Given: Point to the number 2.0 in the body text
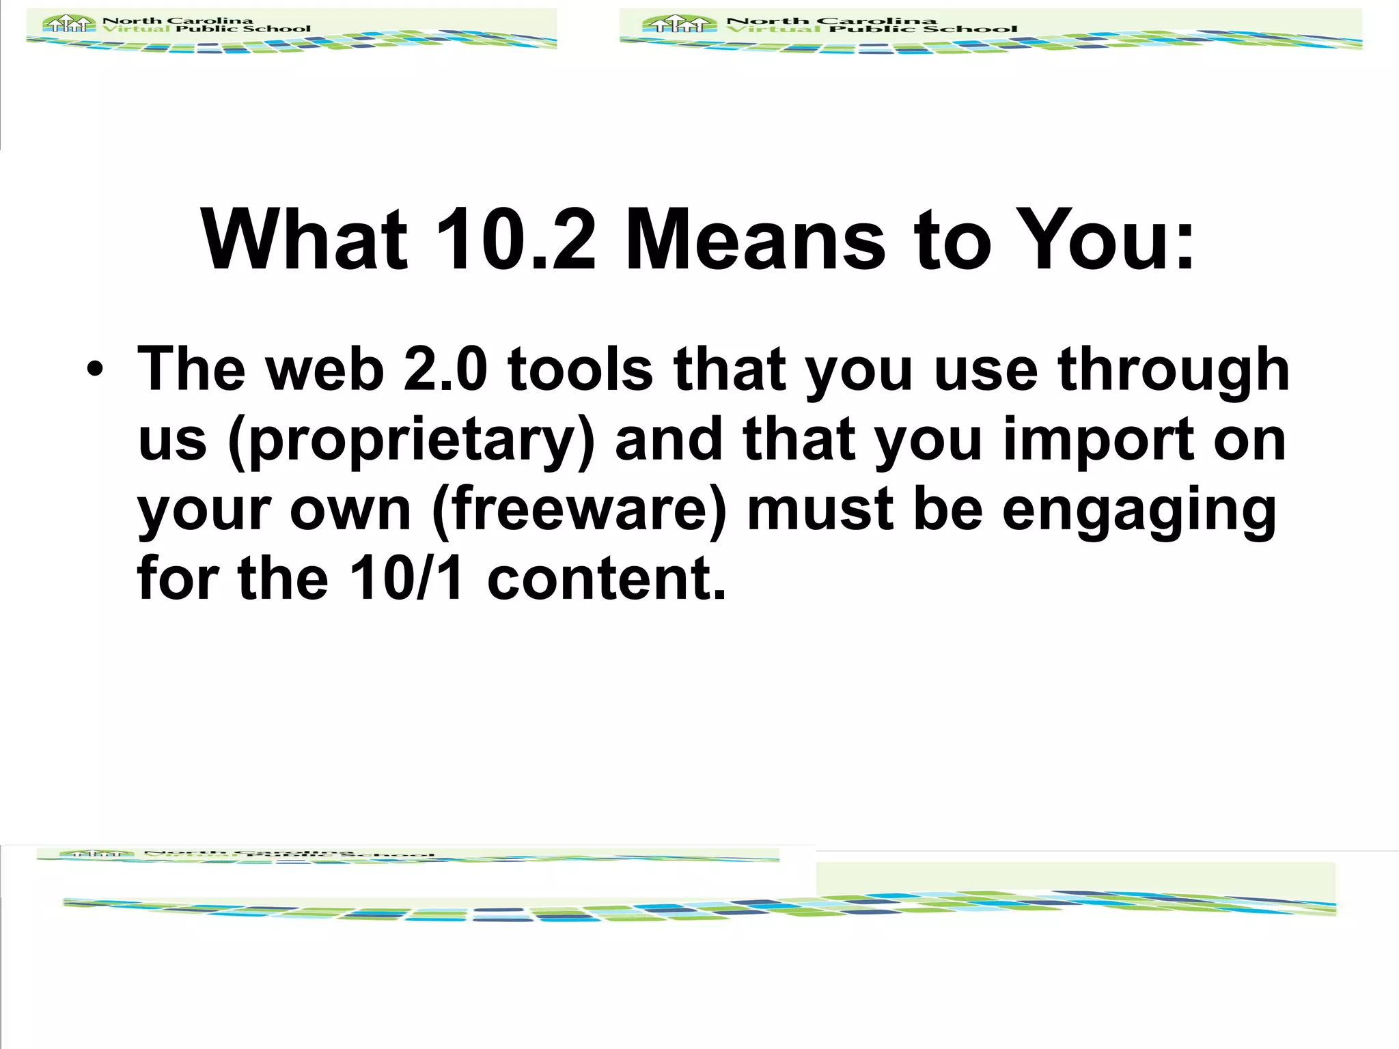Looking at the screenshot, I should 445,369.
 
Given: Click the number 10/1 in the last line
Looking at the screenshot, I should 406,578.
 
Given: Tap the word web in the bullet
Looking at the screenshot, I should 324,369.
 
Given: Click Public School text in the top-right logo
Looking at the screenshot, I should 923,29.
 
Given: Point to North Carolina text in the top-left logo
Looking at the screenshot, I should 178,20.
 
